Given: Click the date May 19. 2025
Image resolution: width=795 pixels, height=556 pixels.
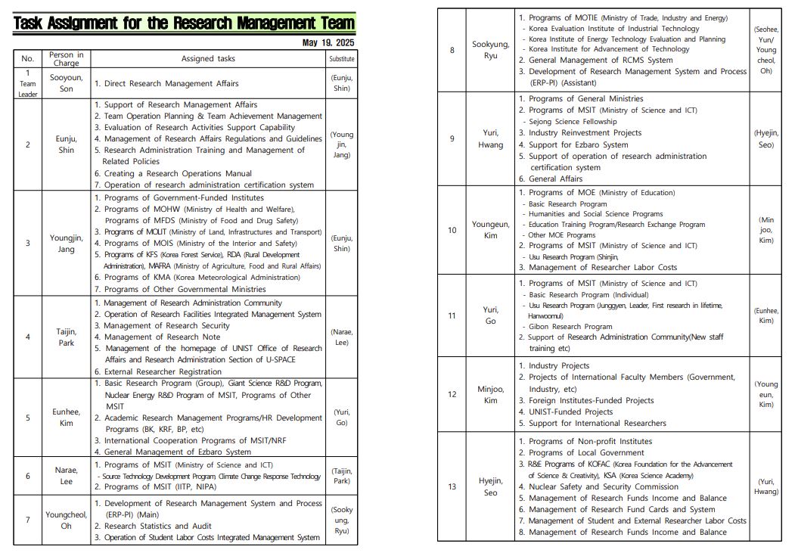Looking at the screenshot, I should pos(328,42).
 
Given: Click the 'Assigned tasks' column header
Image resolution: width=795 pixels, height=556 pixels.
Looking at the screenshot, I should pos(208,59).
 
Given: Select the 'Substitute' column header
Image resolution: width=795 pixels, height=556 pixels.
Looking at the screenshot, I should pos(342,59).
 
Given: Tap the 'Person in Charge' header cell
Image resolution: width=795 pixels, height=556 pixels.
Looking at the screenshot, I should pos(67,59).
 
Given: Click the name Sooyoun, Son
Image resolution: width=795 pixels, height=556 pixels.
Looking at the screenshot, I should pos(67,83).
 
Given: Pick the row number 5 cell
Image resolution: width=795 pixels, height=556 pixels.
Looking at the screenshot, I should pos(28,418).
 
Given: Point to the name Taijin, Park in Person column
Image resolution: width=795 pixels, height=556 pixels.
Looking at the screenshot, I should pos(67,337).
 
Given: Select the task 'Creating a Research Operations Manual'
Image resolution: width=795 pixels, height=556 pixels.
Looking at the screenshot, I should pos(177,173).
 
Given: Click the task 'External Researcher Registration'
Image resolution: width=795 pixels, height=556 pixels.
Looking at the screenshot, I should pos(162,371).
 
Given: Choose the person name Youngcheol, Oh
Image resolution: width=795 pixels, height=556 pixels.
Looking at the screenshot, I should pos(67,520).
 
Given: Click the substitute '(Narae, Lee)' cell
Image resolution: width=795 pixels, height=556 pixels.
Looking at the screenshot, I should pos(342,337).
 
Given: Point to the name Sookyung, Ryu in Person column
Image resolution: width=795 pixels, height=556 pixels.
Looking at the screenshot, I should pos(491,50).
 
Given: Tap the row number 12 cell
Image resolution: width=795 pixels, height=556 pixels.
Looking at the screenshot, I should pos(452,394).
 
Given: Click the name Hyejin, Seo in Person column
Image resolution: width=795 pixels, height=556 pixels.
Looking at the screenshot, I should pos(491,486).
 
